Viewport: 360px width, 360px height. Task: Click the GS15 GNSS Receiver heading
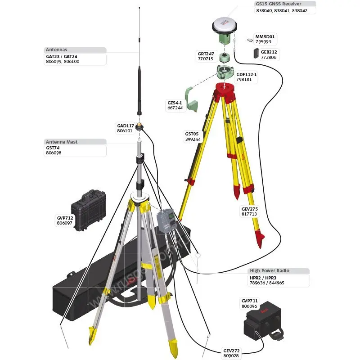click(279, 4)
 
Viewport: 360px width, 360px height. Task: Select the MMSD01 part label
click(265, 36)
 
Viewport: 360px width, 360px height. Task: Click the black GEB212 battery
click(256, 54)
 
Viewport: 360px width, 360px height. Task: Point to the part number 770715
click(206, 58)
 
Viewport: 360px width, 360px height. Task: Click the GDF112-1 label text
click(246, 74)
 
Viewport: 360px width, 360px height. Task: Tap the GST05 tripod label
click(192, 134)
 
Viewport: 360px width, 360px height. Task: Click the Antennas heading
click(57, 49)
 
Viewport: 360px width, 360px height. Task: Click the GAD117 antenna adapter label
click(126, 126)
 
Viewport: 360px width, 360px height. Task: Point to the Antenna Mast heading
click(62, 142)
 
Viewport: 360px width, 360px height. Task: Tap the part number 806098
click(54, 153)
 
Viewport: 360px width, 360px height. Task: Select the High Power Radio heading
click(270, 271)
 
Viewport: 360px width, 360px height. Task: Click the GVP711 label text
click(249, 301)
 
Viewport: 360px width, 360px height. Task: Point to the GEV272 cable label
click(231, 350)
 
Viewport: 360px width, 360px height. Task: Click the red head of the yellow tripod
click(225, 91)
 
